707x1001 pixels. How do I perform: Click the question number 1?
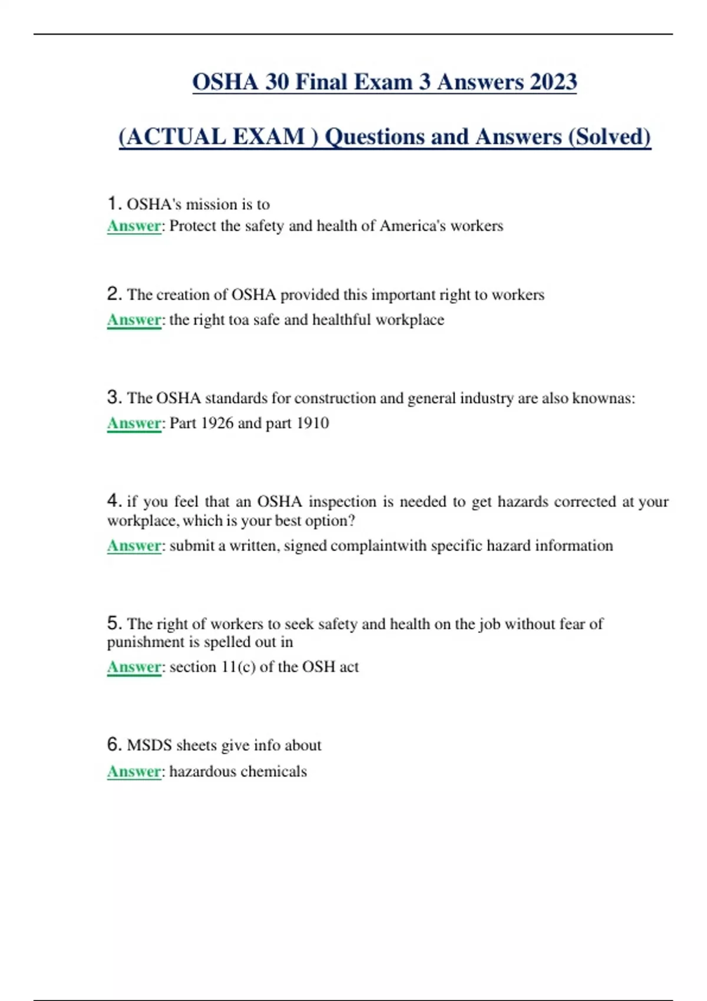point(113,204)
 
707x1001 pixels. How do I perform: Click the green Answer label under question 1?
point(134,226)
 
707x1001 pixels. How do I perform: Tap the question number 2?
point(114,294)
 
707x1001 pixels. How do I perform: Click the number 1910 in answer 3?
point(312,423)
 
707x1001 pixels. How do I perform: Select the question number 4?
point(114,501)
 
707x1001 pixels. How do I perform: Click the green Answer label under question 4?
point(134,546)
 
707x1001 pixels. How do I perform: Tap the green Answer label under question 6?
point(134,771)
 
